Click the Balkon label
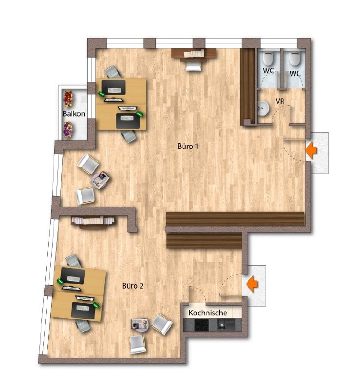pyautogui.click(x=74, y=114)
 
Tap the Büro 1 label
pyautogui.click(x=188, y=146)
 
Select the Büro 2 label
pyautogui.click(x=133, y=286)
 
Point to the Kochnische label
pyautogui.click(x=208, y=312)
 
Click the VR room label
pyautogui.click(x=280, y=101)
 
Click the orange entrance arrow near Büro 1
pyautogui.click(x=311, y=150)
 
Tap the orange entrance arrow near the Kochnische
pyautogui.click(x=252, y=284)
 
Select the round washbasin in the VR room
pyautogui.click(x=263, y=108)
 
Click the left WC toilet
pyautogui.click(x=268, y=58)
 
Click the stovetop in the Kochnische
pyautogui.click(x=202, y=325)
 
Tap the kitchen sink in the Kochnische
pyautogui.click(x=226, y=325)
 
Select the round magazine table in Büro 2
pyautogui.click(x=140, y=324)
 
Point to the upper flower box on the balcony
pyautogui.click(x=68, y=99)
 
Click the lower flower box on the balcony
pyautogui.click(x=68, y=130)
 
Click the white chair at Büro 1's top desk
pyautogui.click(x=193, y=66)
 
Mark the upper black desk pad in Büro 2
pyautogui.click(x=73, y=276)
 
